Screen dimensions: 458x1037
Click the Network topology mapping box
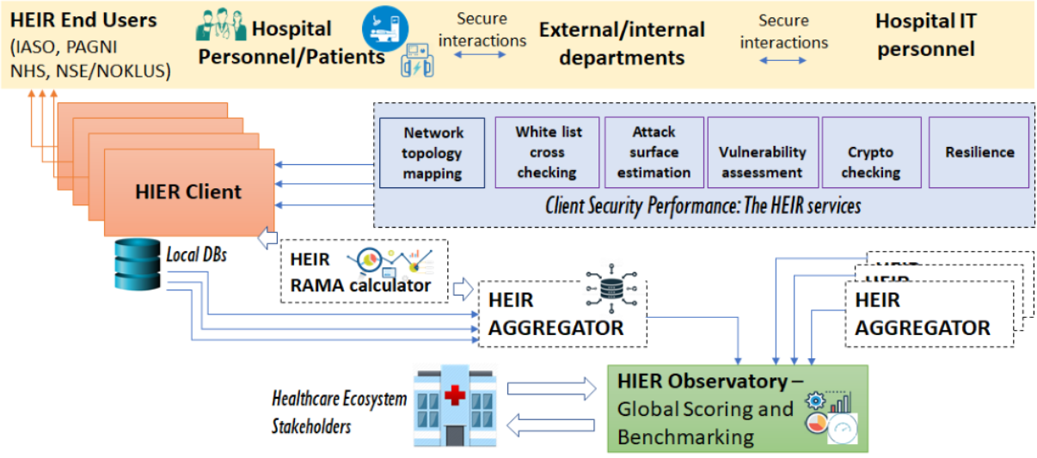point(433,152)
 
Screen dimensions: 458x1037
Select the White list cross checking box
point(547,152)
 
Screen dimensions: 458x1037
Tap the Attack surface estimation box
point(653,152)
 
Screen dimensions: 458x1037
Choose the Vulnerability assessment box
point(762,152)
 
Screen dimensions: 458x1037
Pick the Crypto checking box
point(870,152)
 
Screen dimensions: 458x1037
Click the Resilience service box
point(979,152)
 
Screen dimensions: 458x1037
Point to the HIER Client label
point(188,192)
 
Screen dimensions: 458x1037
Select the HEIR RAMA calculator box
point(364,271)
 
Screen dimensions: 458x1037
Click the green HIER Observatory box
point(737,408)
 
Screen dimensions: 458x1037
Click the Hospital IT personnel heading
point(925,34)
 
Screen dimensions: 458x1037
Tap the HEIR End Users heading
point(83,19)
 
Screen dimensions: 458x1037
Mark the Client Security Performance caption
point(703,206)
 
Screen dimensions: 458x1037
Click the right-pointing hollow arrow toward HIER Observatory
point(551,389)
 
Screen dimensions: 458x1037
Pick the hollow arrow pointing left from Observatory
point(551,424)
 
